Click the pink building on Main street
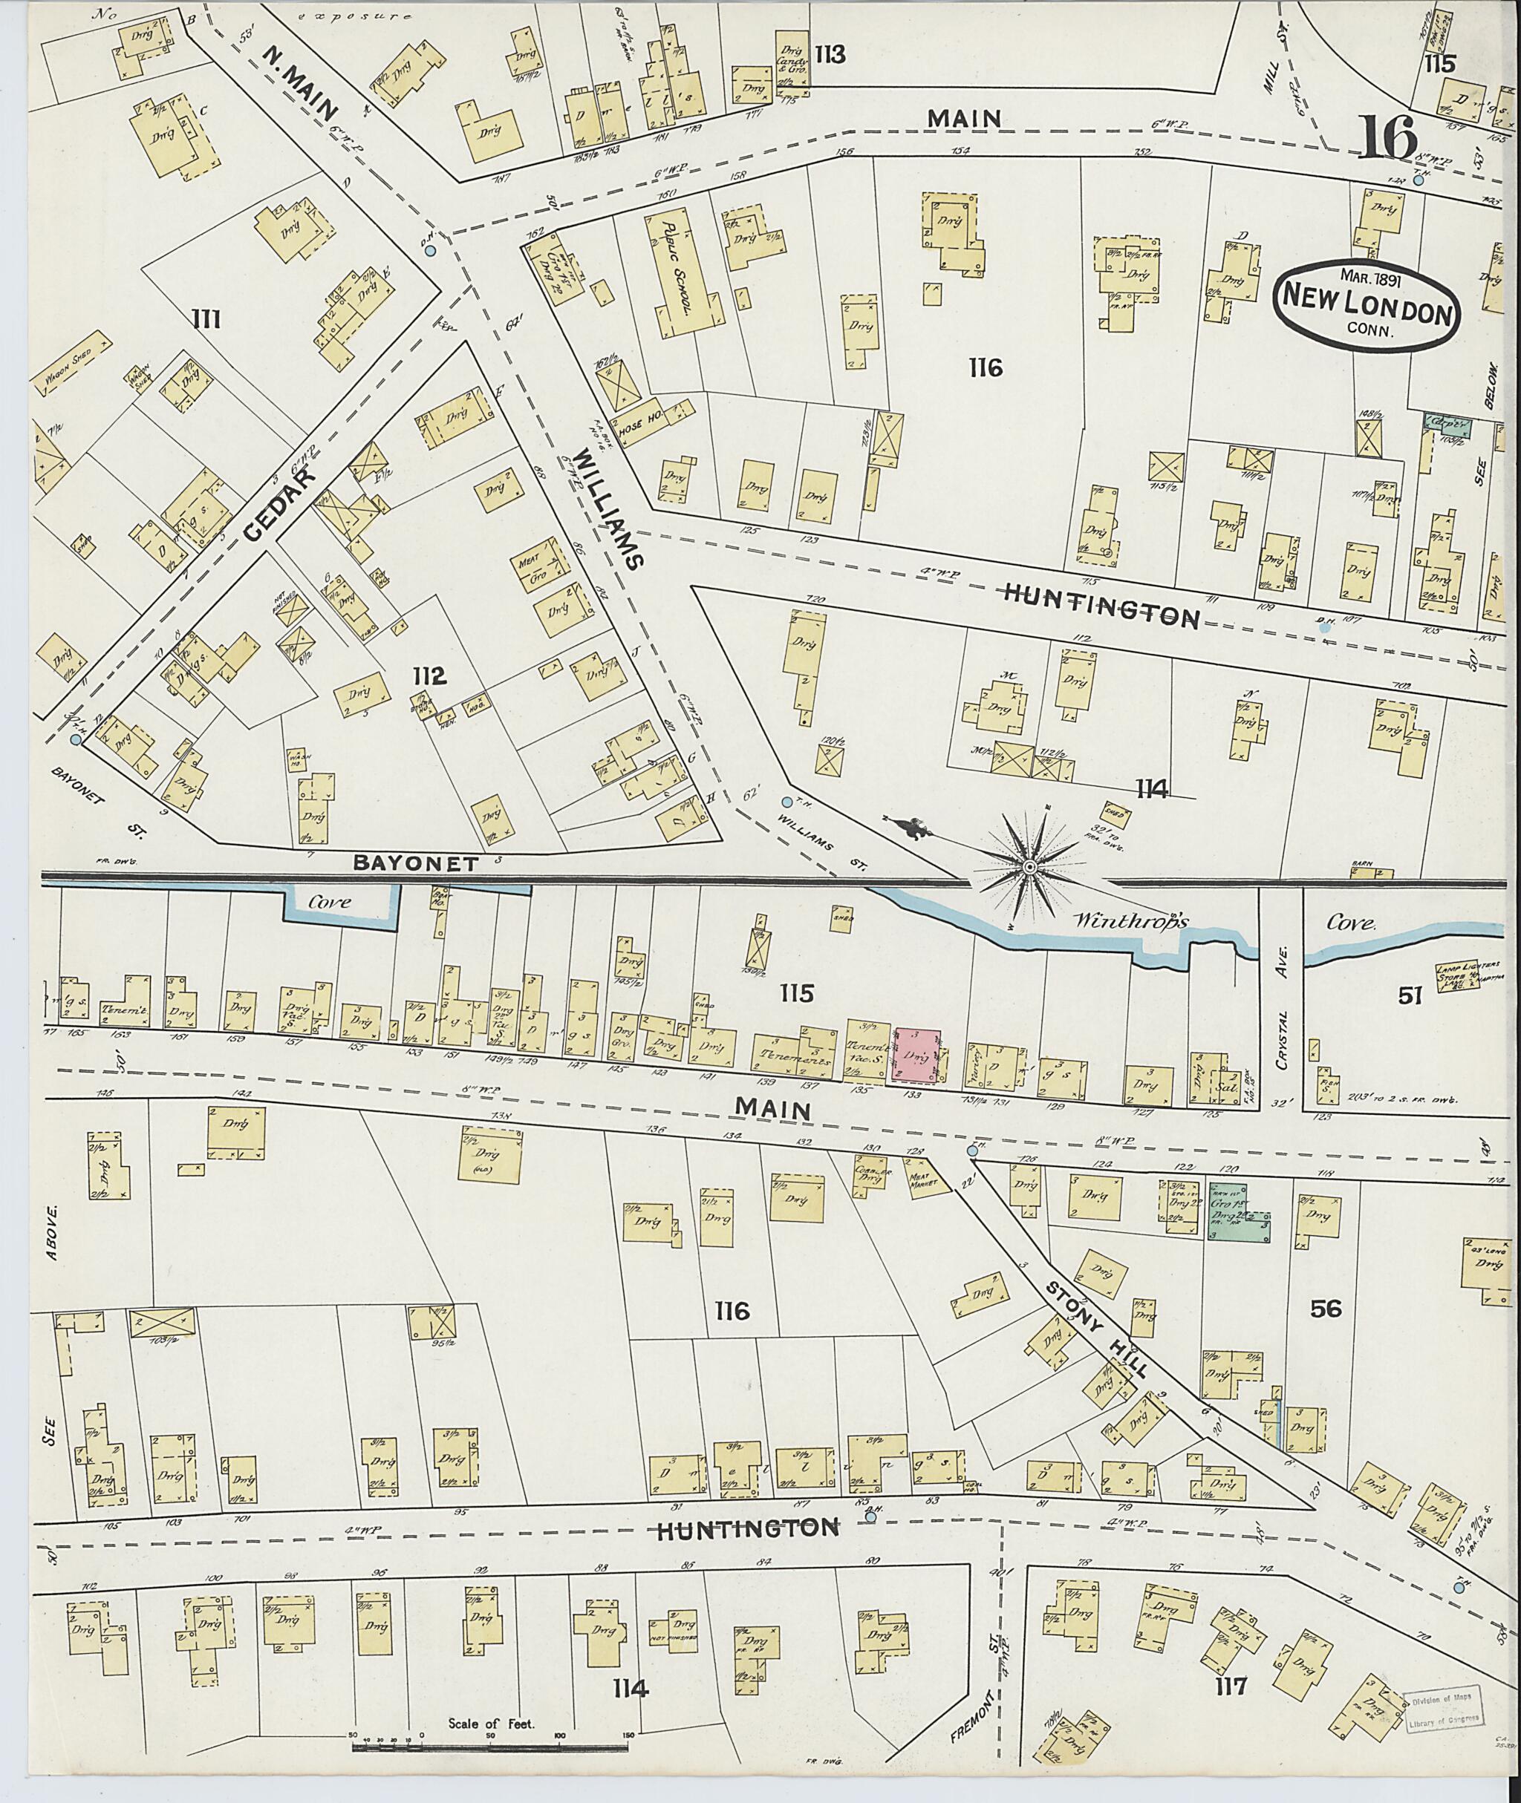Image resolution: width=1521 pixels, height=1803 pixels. tap(918, 1054)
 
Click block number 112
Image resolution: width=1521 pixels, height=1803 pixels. tap(429, 676)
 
